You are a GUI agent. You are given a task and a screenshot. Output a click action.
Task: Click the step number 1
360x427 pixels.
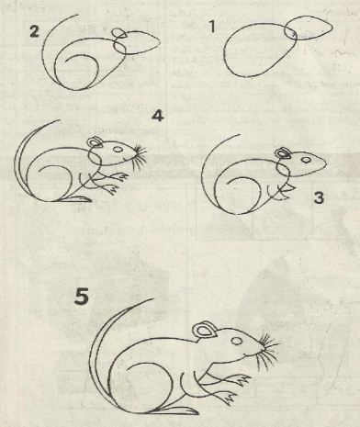pos(212,27)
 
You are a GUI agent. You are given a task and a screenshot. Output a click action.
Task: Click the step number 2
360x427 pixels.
pos(35,31)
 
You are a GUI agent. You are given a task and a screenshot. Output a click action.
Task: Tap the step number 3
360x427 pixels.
pos(319,197)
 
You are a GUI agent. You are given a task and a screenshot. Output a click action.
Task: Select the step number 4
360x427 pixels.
pos(158,117)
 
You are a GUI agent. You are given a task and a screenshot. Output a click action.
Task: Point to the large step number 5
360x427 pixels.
pos(82,297)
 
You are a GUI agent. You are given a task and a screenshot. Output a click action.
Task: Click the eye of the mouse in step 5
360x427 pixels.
pos(237,341)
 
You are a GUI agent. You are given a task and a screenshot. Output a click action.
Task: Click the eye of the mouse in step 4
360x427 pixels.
pos(118,149)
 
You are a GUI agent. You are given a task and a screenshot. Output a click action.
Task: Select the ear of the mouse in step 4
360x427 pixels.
pos(95,142)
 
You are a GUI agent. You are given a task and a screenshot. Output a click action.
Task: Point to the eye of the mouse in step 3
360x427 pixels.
pos(306,160)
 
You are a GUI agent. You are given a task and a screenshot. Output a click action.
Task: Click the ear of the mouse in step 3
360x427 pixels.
pos(282,152)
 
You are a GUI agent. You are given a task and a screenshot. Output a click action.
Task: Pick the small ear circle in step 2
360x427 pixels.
pos(118,33)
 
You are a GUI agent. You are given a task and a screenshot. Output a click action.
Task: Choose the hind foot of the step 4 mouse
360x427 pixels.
pos(75,199)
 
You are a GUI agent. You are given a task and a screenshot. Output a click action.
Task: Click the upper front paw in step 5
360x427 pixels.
pos(242,380)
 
